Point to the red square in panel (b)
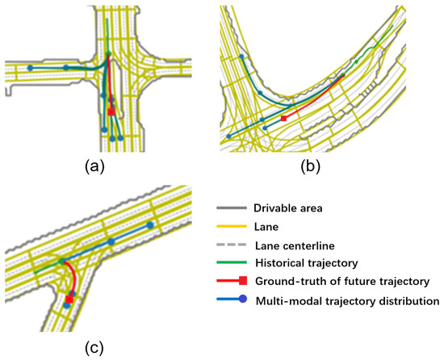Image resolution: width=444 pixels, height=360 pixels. pyautogui.click(x=283, y=119)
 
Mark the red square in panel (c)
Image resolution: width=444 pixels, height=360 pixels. pyautogui.click(x=69, y=299)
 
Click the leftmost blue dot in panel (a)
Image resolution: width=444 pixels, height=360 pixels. pyautogui.click(x=29, y=68)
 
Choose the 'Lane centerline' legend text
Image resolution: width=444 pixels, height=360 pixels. pyautogui.click(x=299, y=245)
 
